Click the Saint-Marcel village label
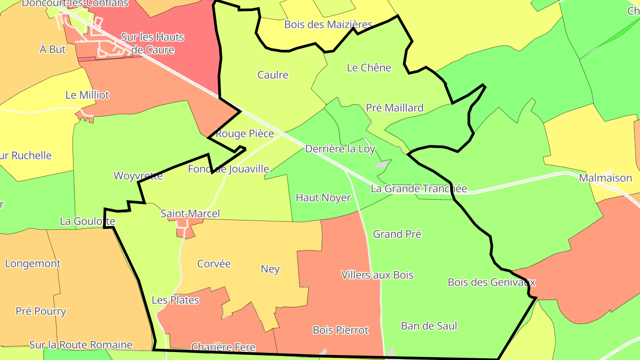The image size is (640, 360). click(x=190, y=214)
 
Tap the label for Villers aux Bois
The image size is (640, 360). click(x=377, y=275)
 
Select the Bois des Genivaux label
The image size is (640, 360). click(x=491, y=282)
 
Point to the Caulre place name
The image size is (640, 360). click(x=273, y=75)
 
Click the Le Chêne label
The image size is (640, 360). click(x=369, y=68)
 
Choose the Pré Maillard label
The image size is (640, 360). click(x=395, y=108)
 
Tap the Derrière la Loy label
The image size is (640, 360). click(x=340, y=149)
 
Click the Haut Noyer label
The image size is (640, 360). click(x=323, y=198)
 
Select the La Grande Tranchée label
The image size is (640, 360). click(x=419, y=189)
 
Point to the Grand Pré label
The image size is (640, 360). click(x=397, y=234)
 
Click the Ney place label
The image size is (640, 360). click(x=270, y=269)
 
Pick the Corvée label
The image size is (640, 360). click(x=214, y=264)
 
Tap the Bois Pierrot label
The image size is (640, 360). click(x=340, y=330)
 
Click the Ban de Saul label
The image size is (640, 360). click(x=429, y=326)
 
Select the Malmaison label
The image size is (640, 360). click(x=605, y=178)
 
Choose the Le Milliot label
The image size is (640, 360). click(x=87, y=95)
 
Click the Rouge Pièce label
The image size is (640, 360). click(x=244, y=134)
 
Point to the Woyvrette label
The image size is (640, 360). click(x=138, y=176)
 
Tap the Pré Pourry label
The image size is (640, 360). click(x=41, y=311)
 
